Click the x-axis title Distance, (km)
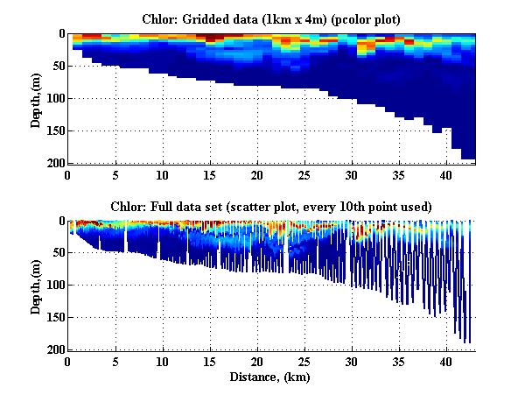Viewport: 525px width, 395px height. coord(271,377)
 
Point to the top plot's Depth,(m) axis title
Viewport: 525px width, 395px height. coord(36,98)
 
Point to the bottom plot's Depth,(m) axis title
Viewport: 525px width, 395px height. coord(36,286)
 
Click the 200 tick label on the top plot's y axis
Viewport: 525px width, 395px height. coord(54,163)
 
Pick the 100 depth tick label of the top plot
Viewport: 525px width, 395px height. coord(54,98)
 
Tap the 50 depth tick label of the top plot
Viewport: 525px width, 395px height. coord(57,66)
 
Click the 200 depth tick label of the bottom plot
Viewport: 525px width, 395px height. coord(54,349)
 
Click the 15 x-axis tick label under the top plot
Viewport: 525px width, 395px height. coord(209,174)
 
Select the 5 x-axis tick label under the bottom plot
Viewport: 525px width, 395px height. coord(115,362)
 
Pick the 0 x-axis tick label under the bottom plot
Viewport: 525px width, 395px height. coord(68,362)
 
